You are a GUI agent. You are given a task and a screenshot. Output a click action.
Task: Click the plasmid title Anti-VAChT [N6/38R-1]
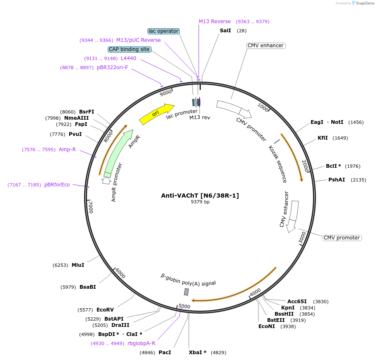coord(200,196)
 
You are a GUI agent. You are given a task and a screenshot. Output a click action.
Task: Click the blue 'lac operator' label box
coord(164,31)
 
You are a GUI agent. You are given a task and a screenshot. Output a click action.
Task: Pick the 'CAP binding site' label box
coord(129,49)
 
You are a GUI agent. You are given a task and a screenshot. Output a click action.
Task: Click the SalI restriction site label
coord(226,31)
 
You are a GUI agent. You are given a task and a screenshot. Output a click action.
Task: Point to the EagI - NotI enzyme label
coord(327,122)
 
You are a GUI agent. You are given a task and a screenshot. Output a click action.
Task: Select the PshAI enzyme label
coord(337,180)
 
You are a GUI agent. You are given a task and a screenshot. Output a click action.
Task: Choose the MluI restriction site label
coord(78,265)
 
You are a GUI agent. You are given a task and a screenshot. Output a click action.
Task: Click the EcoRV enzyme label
coord(105,309)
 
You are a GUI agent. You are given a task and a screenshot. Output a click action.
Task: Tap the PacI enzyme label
coord(165,353)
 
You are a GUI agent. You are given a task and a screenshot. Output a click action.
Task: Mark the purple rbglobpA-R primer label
coord(141,343)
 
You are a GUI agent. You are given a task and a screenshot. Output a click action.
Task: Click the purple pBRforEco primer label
coord(57,185)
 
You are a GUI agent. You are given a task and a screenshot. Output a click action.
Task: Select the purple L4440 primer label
coord(128,58)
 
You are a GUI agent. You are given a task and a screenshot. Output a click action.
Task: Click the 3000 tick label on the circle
coord(302,238)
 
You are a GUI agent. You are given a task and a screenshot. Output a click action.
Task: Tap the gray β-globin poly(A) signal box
coord(186,292)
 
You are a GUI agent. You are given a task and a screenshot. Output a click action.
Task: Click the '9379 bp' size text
coord(200,202)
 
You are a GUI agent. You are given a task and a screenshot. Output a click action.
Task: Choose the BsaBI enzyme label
coord(88,287)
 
